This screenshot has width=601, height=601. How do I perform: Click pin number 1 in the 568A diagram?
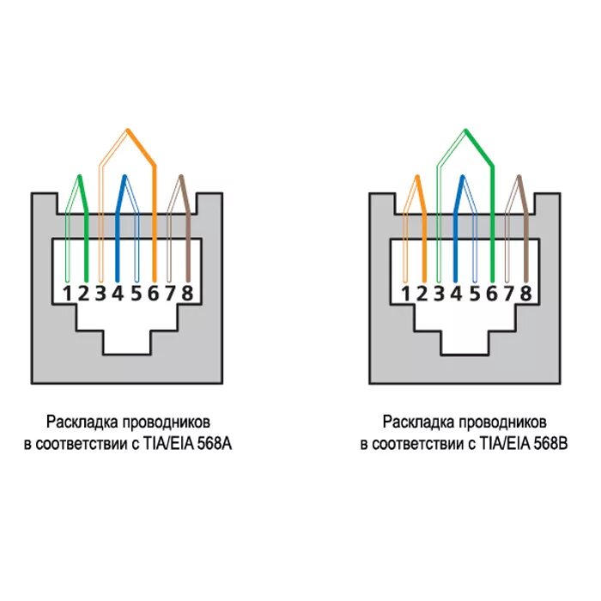(x=66, y=292)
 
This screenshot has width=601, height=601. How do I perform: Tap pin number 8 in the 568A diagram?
(x=187, y=292)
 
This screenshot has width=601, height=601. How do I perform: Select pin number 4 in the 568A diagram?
(x=118, y=292)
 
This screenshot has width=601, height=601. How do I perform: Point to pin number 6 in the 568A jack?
(x=153, y=292)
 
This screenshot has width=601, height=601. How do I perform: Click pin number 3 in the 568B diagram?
(x=439, y=292)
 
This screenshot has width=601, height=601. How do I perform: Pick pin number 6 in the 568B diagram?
(x=491, y=292)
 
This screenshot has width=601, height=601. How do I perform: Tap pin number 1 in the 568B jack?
(x=404, y=292)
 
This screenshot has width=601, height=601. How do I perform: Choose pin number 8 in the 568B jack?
(x=525, y=292)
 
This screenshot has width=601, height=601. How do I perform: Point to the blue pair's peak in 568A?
(x=124, y=177)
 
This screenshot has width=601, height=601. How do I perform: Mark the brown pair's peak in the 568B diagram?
(x=518, y=177)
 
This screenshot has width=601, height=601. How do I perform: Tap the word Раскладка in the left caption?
(x=83, y=422)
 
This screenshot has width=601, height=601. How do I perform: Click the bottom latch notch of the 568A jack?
(x=127, y=343)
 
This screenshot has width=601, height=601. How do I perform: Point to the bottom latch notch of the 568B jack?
(x=465, y=343)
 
